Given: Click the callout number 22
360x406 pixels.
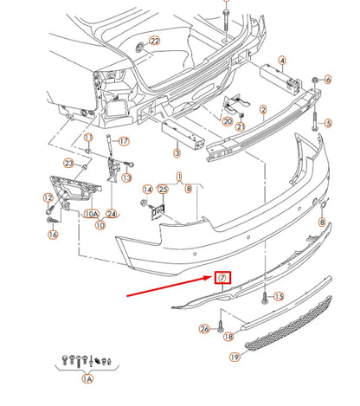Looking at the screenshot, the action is coord(155,41).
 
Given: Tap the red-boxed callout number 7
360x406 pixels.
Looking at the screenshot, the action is coord(222,278).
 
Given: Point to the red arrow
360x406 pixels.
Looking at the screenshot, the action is coord(170,287).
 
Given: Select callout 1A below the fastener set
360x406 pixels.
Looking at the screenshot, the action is coord(87,378).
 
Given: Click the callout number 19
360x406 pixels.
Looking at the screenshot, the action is coord(235,358).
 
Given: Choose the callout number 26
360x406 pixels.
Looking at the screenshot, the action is coord(204,329).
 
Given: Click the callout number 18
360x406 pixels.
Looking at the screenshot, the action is coord(228,337).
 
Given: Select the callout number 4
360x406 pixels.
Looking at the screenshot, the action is coord(282,61).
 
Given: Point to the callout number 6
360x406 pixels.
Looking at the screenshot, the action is coord(328,80).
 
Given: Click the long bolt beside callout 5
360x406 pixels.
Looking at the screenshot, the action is coord(314,121).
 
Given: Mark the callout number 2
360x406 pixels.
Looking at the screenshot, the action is coord(263,110).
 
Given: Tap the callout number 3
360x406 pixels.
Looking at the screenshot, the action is coord(177,152).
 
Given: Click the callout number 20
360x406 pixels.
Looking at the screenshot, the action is coord(228,121).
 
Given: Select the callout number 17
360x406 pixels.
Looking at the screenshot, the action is coord(124,141).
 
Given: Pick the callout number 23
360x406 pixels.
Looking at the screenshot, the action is coord(68,164).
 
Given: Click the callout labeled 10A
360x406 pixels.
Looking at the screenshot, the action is coord(92,214).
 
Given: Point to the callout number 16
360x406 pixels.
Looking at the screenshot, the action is coord(53,235).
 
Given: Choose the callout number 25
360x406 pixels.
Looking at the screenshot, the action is coord(164,190).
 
